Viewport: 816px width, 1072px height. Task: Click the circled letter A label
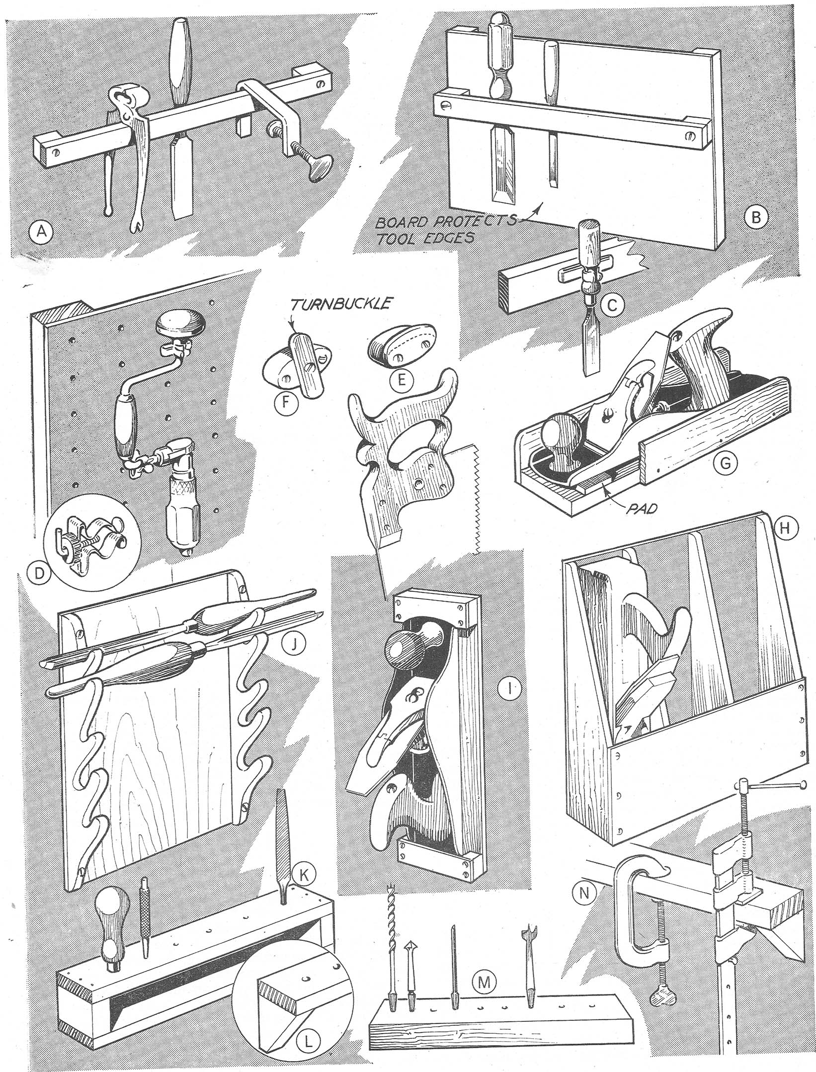coord(41,231)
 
